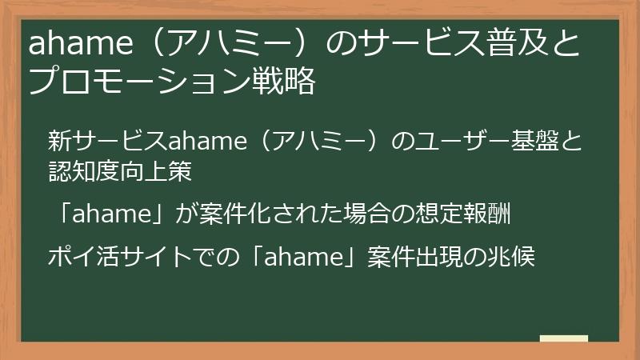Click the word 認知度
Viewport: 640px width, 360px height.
[85, 171]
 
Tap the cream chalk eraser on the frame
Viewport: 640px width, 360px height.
[564, 339]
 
